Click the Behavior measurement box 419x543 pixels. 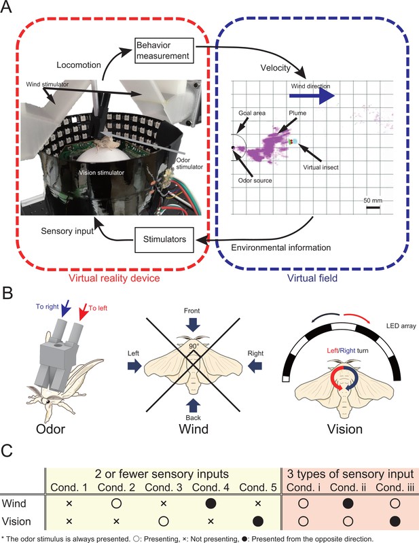[x=164, y=50]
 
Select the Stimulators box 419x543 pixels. [x=164, y=239]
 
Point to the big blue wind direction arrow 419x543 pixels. [x=312, y=95]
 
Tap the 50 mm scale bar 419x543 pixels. [x=373, y=207]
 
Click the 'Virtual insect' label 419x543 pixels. [x=321, y=167]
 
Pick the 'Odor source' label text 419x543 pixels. [x=255, y=180]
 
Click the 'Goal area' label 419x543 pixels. [x=252, y=113]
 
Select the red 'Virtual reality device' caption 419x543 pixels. [x=114, y=278]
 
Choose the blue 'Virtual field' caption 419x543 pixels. [x=312, y=278]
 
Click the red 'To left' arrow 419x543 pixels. [x=83, y=311]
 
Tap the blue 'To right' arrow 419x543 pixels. [x=66, y=309]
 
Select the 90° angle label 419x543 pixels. [x=194, y=346]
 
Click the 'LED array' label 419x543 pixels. [x=401, y=326]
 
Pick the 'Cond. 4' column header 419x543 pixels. [x=211, y=487]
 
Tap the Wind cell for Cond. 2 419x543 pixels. [x=116, y=503]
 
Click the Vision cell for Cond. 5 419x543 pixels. [x=258, y=521]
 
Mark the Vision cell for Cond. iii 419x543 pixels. [x=395, y=521]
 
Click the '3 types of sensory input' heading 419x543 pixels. [x=350, y=474]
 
